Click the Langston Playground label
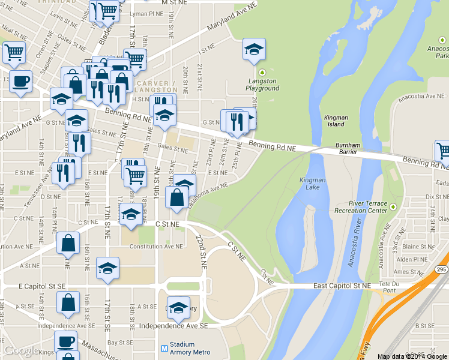tap(262, 85)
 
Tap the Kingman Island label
tap(336, 121)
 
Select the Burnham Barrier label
tap(348, 148)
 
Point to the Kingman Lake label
tap(312, 184)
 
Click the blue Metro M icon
tap(164, 348)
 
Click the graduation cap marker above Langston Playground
tap(254, 49)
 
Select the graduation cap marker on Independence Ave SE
tap(178, 308)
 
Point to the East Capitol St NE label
tap(342, 286)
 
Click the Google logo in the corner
tap(21, 350)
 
